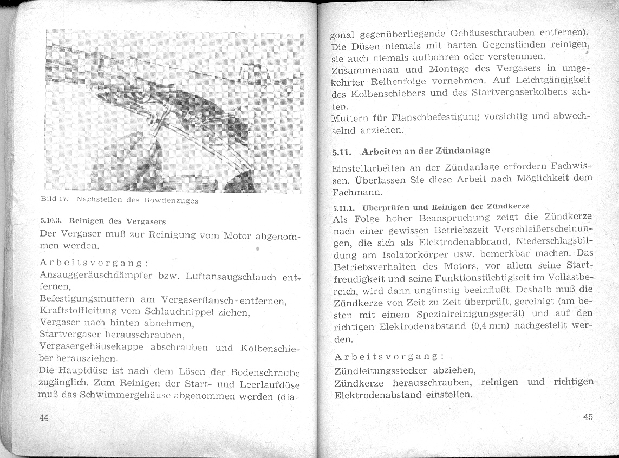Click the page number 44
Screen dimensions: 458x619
(44, 419)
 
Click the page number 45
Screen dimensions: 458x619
(588, 417)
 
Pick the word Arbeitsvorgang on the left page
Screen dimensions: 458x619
(94, 263)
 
